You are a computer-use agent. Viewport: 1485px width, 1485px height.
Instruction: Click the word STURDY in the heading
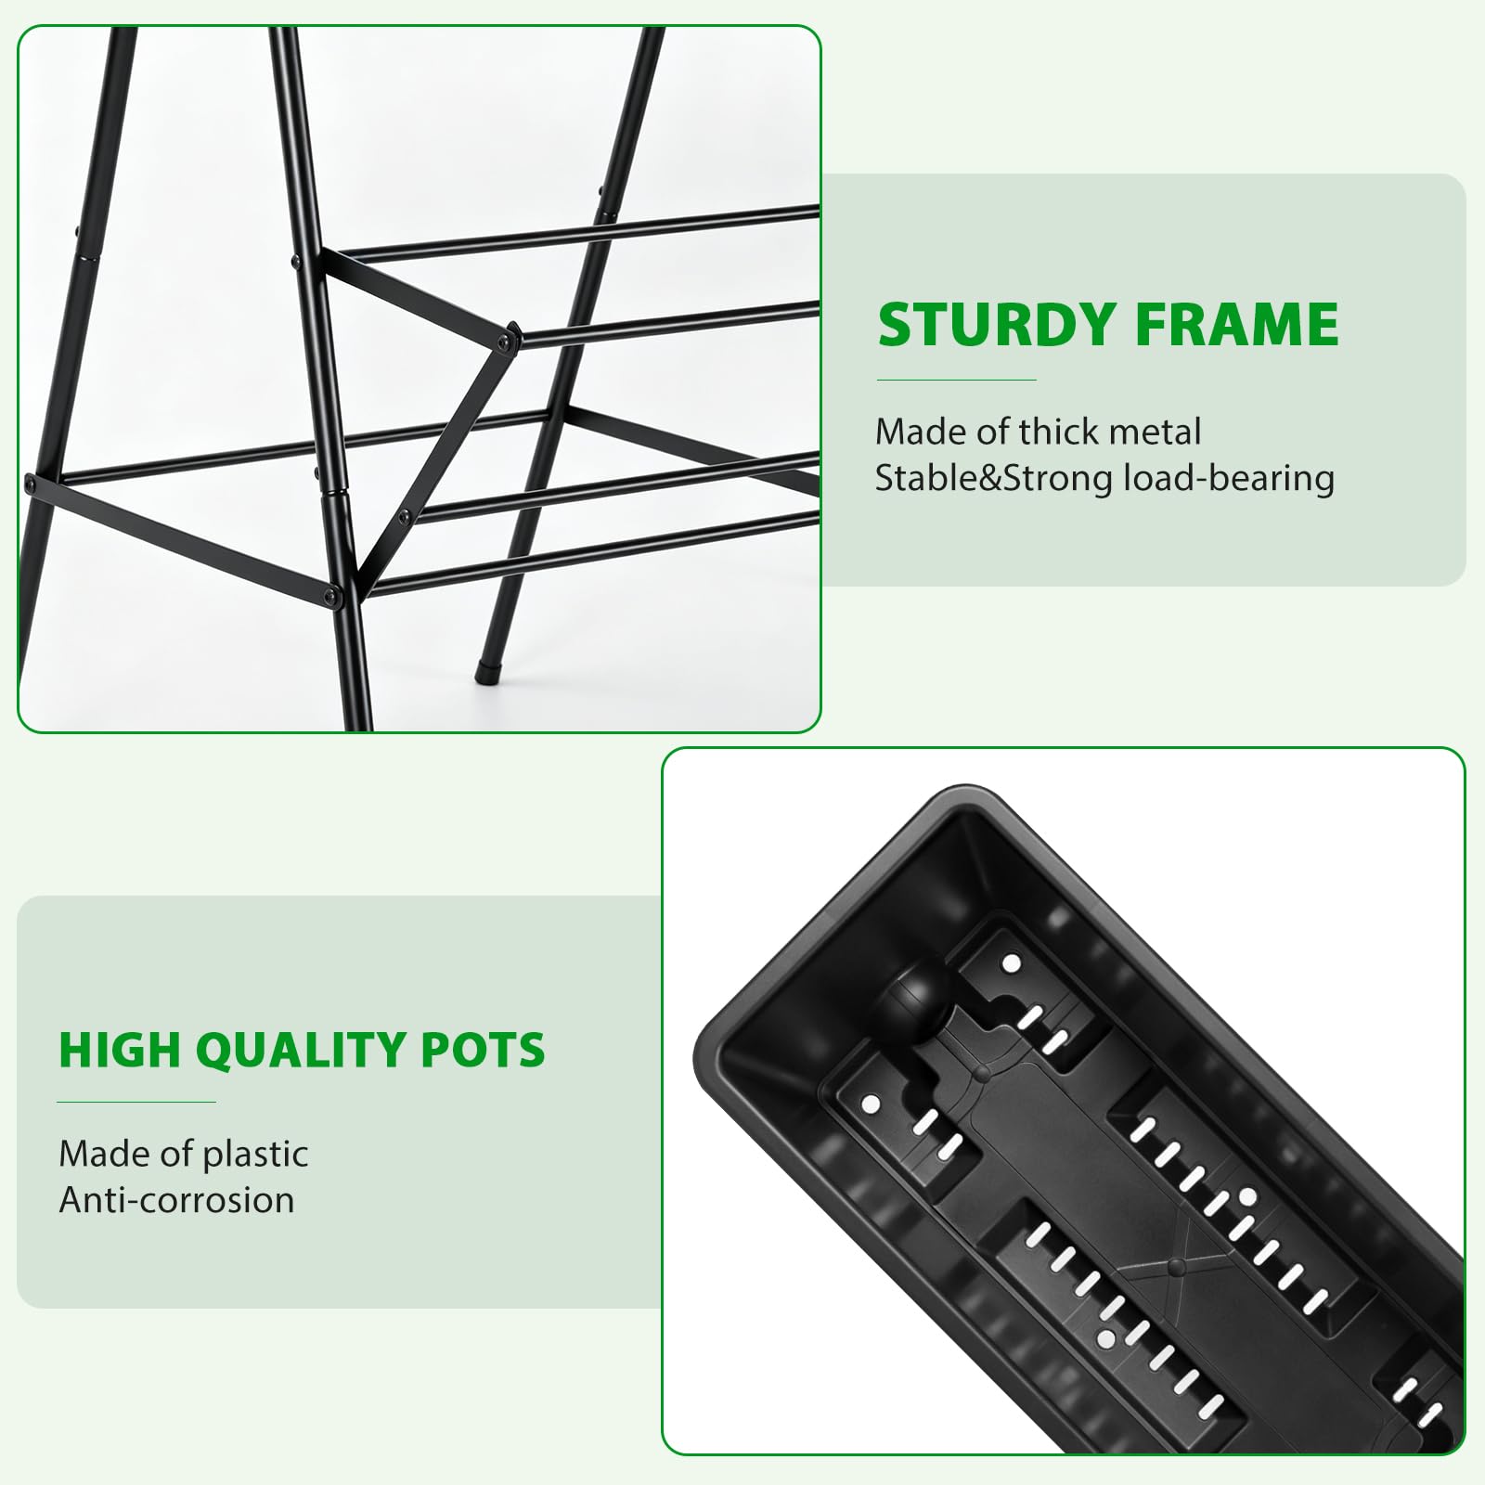coord(996,324)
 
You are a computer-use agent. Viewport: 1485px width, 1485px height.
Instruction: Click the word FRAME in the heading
coord(1237,324)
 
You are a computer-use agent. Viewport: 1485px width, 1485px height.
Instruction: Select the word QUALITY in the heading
coord(301,1051)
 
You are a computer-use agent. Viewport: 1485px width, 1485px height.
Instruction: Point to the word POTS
coord(484,1050)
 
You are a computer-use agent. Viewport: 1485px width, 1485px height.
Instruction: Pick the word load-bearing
coord(1229,479)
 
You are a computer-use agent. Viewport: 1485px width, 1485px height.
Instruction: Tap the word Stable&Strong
coord(994,479)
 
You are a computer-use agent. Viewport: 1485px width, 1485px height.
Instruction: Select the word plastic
coord(255,1155)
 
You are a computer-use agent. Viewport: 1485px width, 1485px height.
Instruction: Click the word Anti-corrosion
coord(176,1200)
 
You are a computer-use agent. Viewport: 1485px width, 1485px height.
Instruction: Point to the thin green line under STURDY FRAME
coord(957,380)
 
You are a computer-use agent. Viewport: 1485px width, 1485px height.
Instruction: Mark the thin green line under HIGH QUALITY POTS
coord(136,1102)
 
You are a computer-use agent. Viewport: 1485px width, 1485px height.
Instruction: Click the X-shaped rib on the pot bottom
coord(1177,1265)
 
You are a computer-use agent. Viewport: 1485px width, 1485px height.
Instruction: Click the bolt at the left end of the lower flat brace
coord(32,484)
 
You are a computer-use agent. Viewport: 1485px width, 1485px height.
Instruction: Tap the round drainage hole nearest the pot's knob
coord(1012,964)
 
